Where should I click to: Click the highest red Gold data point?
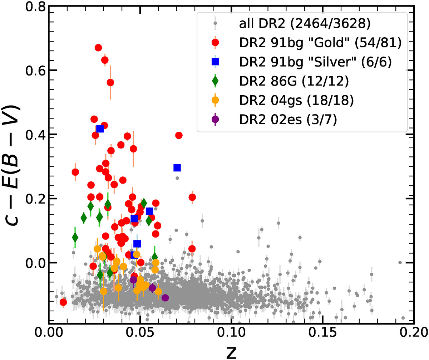coord(98,48)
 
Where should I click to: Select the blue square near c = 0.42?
coord(100,128)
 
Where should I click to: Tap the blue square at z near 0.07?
coord(177,167)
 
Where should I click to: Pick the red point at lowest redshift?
coord(63,302)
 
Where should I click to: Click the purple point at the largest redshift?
coord(165,297)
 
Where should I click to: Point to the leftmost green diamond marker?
coord(75,237)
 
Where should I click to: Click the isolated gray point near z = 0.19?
coord(400,262)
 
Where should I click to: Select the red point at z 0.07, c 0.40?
coord(179,135)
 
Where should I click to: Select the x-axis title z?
coord(231,352)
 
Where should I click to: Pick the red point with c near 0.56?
coord(110,82)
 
